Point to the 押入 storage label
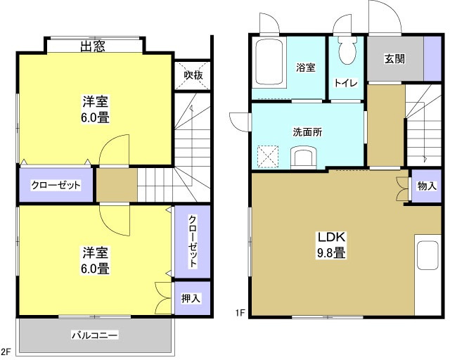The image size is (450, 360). pyautogui.click(x=191, y=298)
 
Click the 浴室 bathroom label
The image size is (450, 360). pyautogui.click(x=305, y=67)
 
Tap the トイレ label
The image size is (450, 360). pyautogui.click(x=346, y=83)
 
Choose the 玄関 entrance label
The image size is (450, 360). pyautogui.click(x=394, y=59)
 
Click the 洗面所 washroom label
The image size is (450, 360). pyautogui.click(x=308, y=132)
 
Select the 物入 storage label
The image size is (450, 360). pyautogui.click(x=427, y=186)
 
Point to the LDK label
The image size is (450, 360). pyautogui.click(x=328, y=236)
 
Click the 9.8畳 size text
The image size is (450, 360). pyautogui.click(x=329, y=252)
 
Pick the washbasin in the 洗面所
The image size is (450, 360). pyautogui.click(x=303, y=155)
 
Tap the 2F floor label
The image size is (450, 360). pyautogui.click(x=7, y=352)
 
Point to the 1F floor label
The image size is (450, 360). pyautogui.click(x=240, y=314)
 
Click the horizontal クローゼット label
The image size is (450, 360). pyautogui.click(x=56, y=186)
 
